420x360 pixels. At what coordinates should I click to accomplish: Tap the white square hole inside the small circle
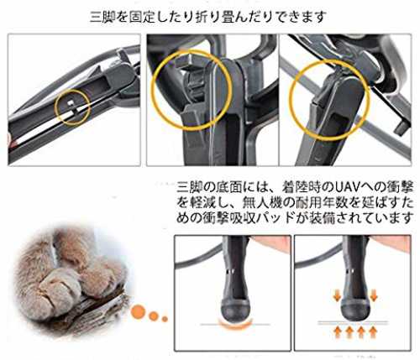click(x=70, y=102)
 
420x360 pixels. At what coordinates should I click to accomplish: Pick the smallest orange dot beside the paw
click(x=165, y=319)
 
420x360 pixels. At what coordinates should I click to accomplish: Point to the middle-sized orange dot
click(x=154, y=316)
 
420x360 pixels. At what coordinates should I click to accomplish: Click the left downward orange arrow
click(x=338, y=295)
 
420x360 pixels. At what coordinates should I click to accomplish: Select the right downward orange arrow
click(x=374, y=295)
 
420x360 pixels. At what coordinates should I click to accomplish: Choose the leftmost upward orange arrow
click(x=338, y=332)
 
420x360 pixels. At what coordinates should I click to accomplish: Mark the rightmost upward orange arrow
click(x=373, y=332)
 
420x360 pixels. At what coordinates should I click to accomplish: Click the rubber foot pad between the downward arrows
click(x=355, y=310)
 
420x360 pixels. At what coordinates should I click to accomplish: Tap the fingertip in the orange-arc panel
click(x=270, y=243)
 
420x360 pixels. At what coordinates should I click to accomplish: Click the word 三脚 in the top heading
click(x=102, y=18)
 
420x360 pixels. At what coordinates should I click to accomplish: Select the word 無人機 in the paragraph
click(x=261, y=202)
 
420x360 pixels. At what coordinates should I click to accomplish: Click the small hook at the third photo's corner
click(x=402, y=126)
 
